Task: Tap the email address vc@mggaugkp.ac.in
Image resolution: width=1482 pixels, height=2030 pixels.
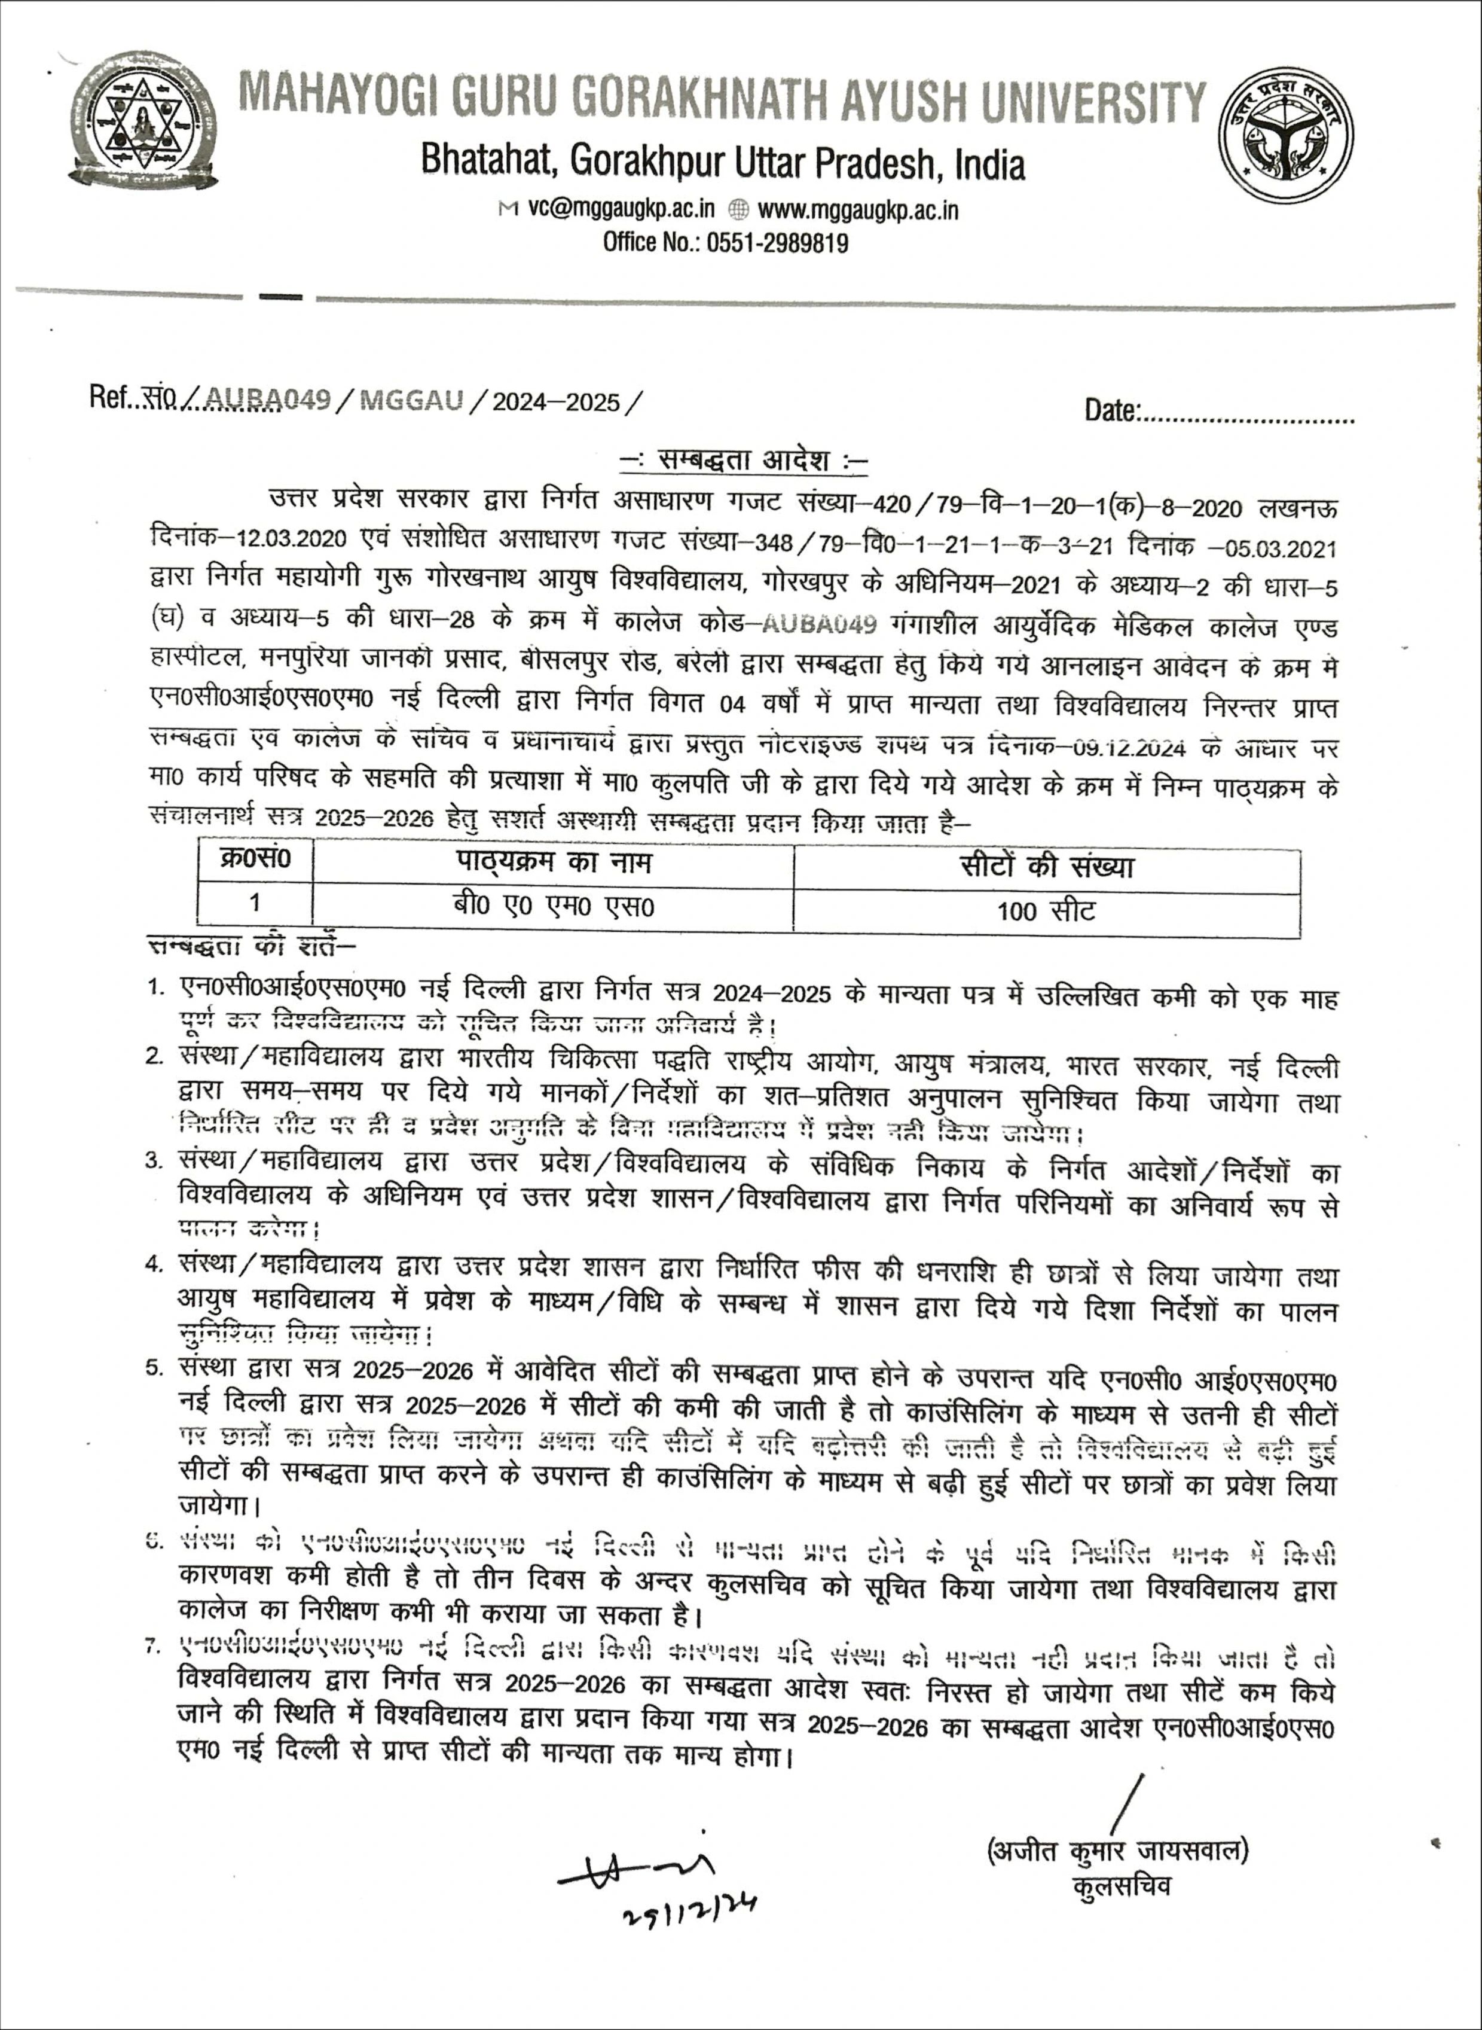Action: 621,210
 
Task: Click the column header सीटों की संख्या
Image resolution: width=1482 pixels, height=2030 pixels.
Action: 1046,867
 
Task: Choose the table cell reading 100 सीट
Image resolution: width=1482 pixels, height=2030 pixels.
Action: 1046,912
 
